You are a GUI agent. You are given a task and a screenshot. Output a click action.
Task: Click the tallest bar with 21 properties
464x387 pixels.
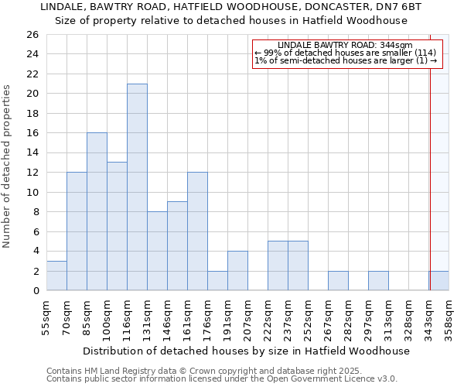pyautogui.click(x=137, y=187)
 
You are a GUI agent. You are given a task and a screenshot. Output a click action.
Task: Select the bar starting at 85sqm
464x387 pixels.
pyautogui.click(x=97, y=211)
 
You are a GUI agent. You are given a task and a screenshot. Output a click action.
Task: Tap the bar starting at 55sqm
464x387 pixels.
pyautogui.click(x=56, y=276)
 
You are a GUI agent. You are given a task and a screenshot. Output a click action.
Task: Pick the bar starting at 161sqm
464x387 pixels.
pyautogui.click(x=197, y=231)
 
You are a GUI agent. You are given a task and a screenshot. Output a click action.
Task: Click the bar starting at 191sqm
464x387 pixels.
pyautogui.click(x=237, y=271)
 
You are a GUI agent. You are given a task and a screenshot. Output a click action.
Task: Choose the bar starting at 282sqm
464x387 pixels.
pyautogui.click(x=338, y=281)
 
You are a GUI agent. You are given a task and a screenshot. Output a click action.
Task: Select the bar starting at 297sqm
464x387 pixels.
pyautogui.click(x=378, y=281)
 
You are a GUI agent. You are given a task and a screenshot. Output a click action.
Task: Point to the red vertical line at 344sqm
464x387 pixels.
pyautogui.click(x=429, y=163)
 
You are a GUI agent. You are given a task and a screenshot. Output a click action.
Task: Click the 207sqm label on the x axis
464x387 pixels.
pyautogui.click(x=247, y=318)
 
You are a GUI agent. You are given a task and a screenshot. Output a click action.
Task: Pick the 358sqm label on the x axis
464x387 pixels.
pyautogui.click(x=449, y=318)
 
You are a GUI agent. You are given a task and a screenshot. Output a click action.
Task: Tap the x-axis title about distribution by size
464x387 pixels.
pyautogui.click(x=245, y=351)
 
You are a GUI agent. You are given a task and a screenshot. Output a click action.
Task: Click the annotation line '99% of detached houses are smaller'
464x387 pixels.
pyautogui.click(x=346, y=53)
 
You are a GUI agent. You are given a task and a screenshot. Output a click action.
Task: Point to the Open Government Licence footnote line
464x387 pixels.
pyautogui.click(x=222, y=378)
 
